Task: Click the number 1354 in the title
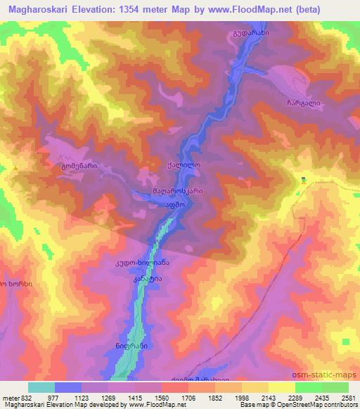(x=139, y=9)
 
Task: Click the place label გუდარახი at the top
(x=250, y=33)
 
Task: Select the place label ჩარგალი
(x=304, y=103)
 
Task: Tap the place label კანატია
(x=148, y=278)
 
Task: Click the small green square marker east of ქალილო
(x=303, y=178)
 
